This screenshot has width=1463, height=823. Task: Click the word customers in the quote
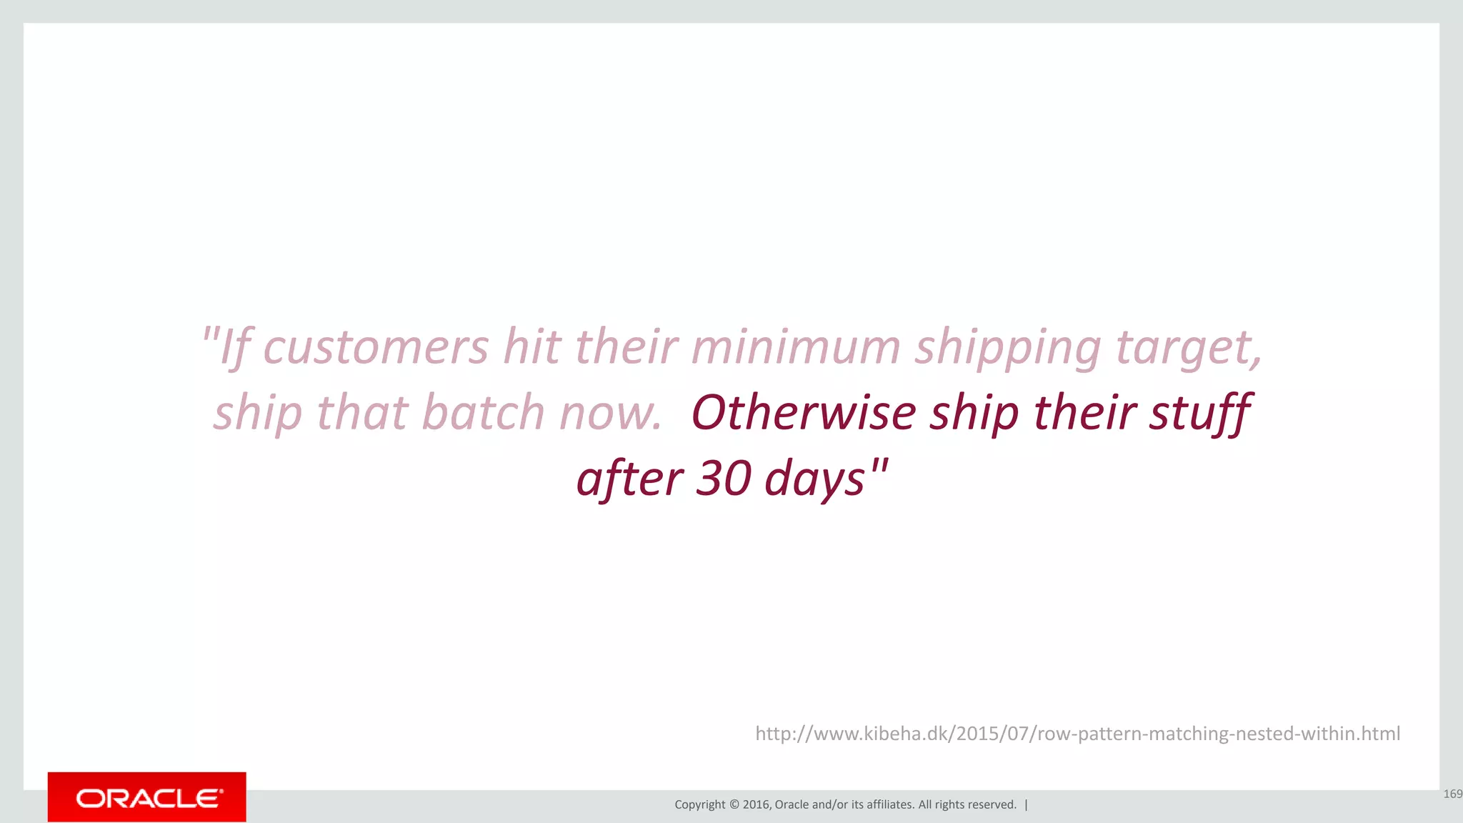(x=376, y=349)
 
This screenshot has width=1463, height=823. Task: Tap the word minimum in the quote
(x=796, y=347)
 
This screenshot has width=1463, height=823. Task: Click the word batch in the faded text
(x=483, y=413)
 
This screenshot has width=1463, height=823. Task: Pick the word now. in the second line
(x=610, y=414)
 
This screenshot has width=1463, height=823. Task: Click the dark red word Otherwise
(x=803, y=413)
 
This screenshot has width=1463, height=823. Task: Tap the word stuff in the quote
(x=1199, y=414)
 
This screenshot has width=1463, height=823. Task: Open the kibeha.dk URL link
(x=1077, y=734)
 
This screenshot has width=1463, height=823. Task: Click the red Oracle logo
(x=147, y=797)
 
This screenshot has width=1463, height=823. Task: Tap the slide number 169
(x=1452, y=794)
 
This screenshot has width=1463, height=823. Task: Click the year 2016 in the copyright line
(x=756, y=804)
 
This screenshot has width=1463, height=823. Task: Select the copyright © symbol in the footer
(x=734, y=804)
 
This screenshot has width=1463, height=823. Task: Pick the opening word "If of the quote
(x=226, y=349)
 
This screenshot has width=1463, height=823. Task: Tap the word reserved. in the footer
(x=994, y=804)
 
